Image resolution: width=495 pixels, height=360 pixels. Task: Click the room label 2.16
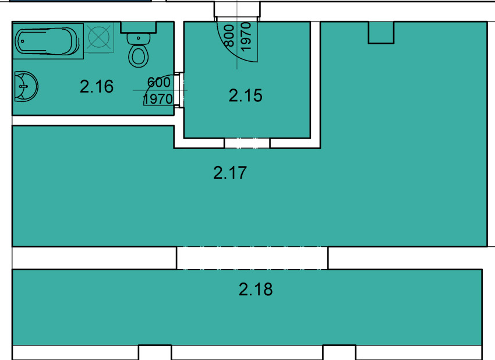(97, 87)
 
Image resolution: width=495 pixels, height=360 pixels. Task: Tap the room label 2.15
(245, 96)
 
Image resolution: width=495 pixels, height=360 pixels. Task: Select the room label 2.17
(230, 173)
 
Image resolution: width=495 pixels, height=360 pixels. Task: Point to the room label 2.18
(256, 290)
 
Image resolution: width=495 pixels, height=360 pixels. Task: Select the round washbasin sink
(26, 86)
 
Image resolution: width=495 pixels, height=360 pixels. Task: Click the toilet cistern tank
(138, 27)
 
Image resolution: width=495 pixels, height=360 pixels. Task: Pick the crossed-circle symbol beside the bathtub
(99, 37)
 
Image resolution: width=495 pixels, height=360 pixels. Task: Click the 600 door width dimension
(159, 82)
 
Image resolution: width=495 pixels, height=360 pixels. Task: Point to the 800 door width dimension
(229, 36)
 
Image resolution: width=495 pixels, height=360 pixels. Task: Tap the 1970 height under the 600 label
(158, 99)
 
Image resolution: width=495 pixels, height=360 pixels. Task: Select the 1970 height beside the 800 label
(246, 36)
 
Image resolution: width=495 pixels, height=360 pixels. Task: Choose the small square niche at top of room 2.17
(381, 33)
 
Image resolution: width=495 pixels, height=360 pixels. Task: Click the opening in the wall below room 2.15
(247, 143)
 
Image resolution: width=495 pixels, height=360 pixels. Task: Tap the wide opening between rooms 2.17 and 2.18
(252, 258)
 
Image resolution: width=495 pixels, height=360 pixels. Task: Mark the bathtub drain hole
(22, 41)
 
